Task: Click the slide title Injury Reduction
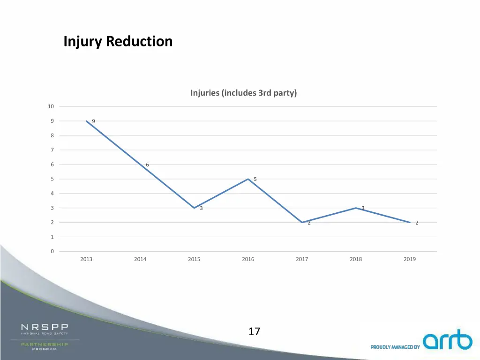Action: click(x=118, y=42)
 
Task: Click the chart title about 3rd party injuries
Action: click(x=243, y=93)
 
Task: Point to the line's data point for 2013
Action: click(x=86, y=121)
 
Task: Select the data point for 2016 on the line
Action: click(x=248, y=179)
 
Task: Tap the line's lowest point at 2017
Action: click(x=302, y=222)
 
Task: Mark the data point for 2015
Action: click(x=194, y=208)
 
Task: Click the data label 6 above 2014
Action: click(x=147, y=165)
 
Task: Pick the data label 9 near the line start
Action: click(x=93, y=121)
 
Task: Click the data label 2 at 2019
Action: click(x=417, y=223)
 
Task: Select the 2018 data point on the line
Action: click(x=356, y=208)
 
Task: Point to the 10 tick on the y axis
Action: click(x=51, y=106)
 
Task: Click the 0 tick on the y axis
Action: click(x=52, y=252)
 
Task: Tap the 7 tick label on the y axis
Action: click(x=52, y=150)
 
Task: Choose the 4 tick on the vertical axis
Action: click(x=52, y=194)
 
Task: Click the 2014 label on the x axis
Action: click(x=140, y=259)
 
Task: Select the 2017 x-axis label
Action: click(x=302, y=259)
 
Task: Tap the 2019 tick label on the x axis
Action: click(x=410, y=259)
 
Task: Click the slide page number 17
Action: click(x=254, y=332)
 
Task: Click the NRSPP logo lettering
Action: click(x=45, y=327)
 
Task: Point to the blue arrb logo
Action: click(x=447, y=341)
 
